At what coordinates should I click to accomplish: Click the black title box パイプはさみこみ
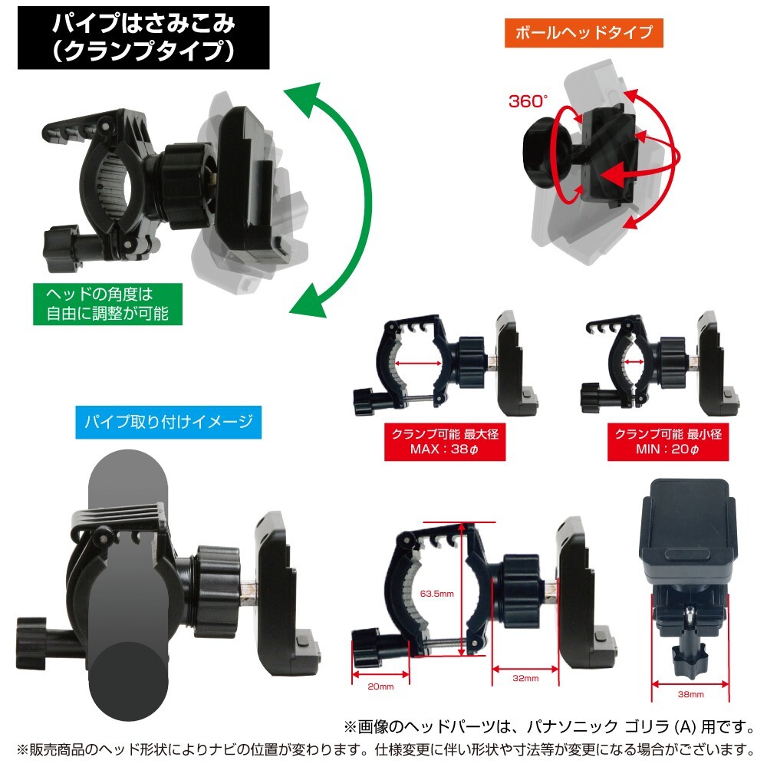(x=143, y=38)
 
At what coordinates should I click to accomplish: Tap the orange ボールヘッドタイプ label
(x=583, y=33)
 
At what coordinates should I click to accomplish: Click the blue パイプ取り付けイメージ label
(x=168, y=421)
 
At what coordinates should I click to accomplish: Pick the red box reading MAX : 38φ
(x=446, y=441)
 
